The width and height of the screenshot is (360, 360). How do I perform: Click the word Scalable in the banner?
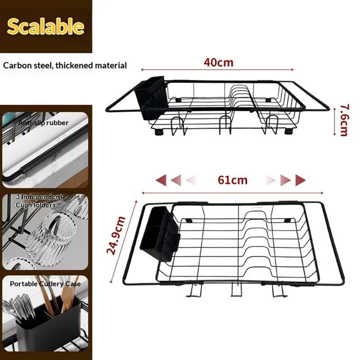point(45,27)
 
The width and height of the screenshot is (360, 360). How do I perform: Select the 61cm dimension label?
point(232,180)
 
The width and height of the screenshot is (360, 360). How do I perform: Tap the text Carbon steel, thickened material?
point(65,65)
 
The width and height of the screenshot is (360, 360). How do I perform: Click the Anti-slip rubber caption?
point(44,122)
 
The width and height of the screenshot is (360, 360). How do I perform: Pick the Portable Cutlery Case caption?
point(45,283)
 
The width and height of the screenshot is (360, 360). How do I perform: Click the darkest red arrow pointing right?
point(301,180)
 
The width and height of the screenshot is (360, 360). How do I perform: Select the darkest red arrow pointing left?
point(160,180)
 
